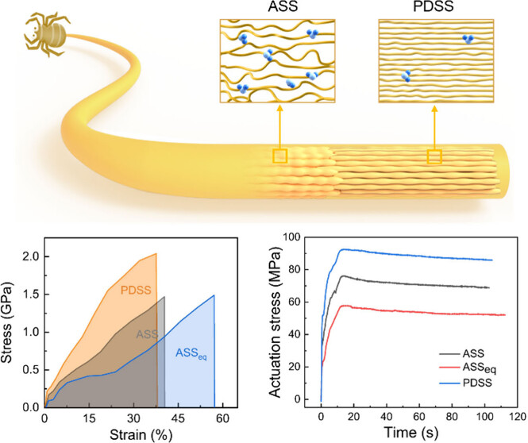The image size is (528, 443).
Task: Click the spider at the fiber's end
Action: tap(37, 31)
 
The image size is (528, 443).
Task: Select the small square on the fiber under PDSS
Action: tap(434, 156)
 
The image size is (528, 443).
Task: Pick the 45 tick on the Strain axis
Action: tap(179, 418)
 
